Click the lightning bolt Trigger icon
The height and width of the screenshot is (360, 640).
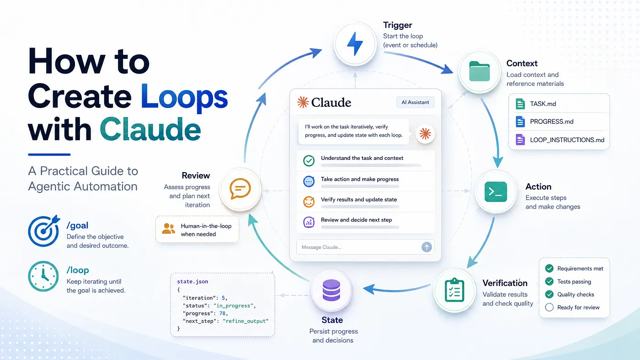pyautogui.click(x=355, y=43)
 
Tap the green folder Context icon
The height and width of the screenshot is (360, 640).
pyautogui.click(x=479, y=71)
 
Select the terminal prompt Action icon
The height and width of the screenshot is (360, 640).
pyautogui.click(x=496, y=191)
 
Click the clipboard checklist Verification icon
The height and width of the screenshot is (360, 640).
pyautogui.click(x=454, y=290)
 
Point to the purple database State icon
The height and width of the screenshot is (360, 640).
pyautogui.click(x=331, y=290)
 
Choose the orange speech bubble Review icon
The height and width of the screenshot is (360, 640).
pyautogui.click(x=240, y=189)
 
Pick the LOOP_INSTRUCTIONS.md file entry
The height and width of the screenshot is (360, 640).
pyautogui.click(x=560, y=140)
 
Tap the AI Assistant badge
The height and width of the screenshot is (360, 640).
pyautogui.click(x=415, y=102)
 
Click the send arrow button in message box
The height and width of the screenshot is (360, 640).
pyautogui.click(x=427, y=247)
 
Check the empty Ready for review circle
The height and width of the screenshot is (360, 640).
pyautogui.click(x=549, y=307)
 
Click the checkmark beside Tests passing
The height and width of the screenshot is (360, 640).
pyautogui.click(x=549, y=281)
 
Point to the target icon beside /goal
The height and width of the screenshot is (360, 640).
pyautogui.click(x=44, y=231)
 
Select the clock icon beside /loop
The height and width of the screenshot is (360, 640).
pyautogui.click(x=43, y=276)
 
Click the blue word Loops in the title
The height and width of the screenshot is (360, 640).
pyautogui.click(x=184, y=96)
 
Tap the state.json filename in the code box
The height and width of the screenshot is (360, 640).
pyautogui.click(x=192, y=281)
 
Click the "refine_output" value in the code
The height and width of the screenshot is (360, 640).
pyautogui.click(x=245, y=321)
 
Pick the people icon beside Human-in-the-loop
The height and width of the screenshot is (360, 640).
pyautogui.click(x=168, y=229)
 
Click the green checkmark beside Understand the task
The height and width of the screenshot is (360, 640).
pyautogui.click(x=309, y=160)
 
